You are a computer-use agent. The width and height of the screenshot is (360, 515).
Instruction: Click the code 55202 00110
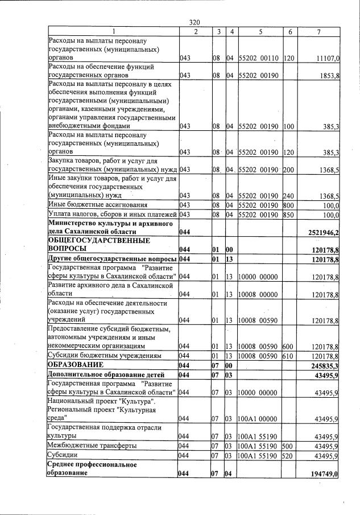click(x=260, y=58)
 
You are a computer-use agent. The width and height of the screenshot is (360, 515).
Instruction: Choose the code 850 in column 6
click(x=290, y=214)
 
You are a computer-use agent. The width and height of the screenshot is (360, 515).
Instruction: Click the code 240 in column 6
click(x=290, y=195)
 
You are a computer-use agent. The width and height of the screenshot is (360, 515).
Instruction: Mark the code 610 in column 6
click(x=290, y=356)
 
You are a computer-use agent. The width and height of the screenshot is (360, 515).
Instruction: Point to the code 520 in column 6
click(x=290, y=456)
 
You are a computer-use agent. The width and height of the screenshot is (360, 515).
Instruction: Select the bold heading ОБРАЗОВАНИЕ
click(x=76, y=364)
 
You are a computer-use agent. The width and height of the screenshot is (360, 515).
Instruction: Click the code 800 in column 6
click(x=290, y=205)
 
